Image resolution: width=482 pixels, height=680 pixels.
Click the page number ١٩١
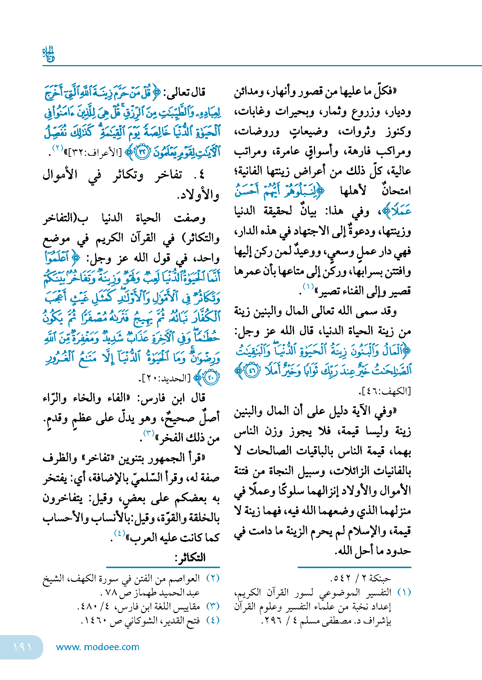[22, 647]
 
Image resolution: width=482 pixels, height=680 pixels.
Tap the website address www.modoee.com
[98, 647]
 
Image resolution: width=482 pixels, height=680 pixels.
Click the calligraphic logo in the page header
[48, 54]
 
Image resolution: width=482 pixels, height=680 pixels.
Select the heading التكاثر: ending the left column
[190, 558]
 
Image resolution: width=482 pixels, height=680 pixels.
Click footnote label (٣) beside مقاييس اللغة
[213, 607]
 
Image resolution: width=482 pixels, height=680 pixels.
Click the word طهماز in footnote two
[145, 592]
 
